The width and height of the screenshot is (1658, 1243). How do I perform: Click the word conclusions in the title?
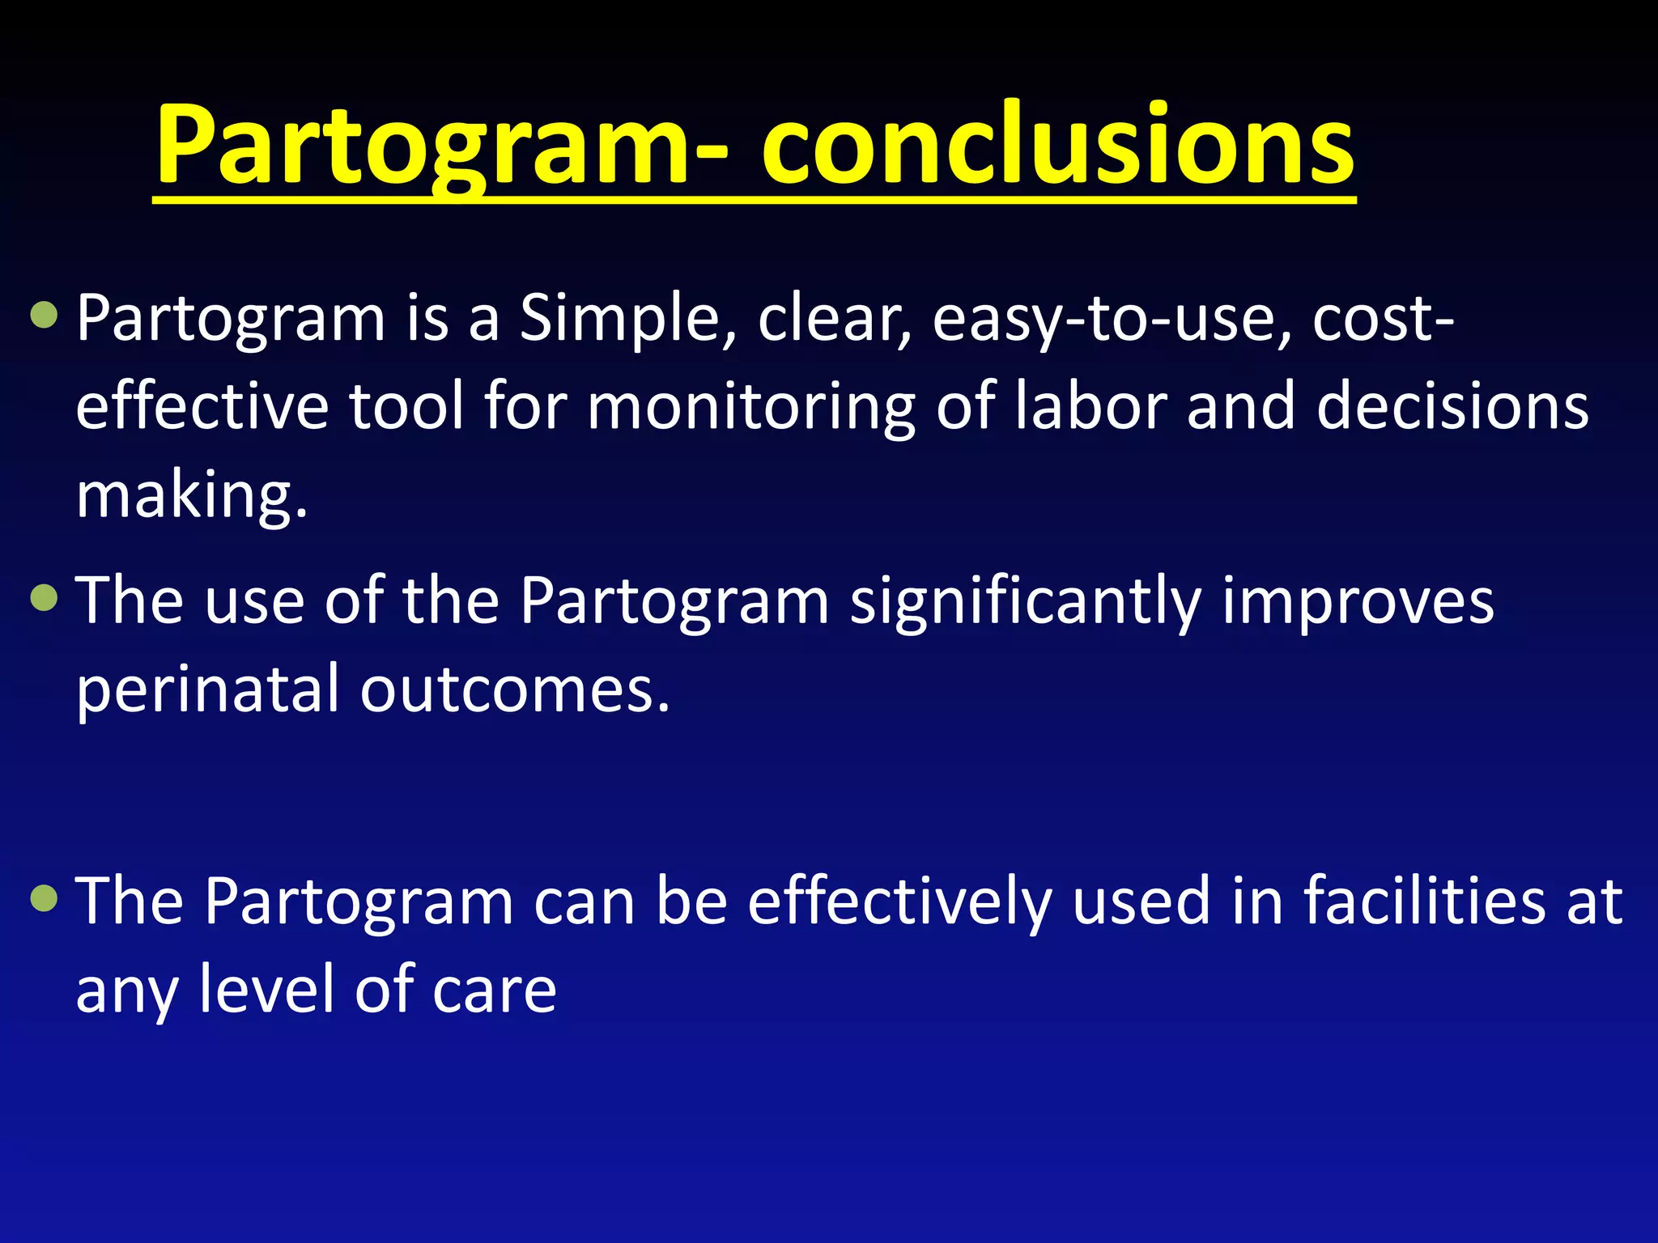[1057, 146]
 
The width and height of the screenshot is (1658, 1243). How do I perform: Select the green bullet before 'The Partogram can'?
[44, 897]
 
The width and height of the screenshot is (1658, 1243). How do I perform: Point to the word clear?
[834, 318]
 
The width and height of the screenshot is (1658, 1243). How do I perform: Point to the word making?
[191, 495]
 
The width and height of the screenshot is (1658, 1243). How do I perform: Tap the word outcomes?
[515, 689]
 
